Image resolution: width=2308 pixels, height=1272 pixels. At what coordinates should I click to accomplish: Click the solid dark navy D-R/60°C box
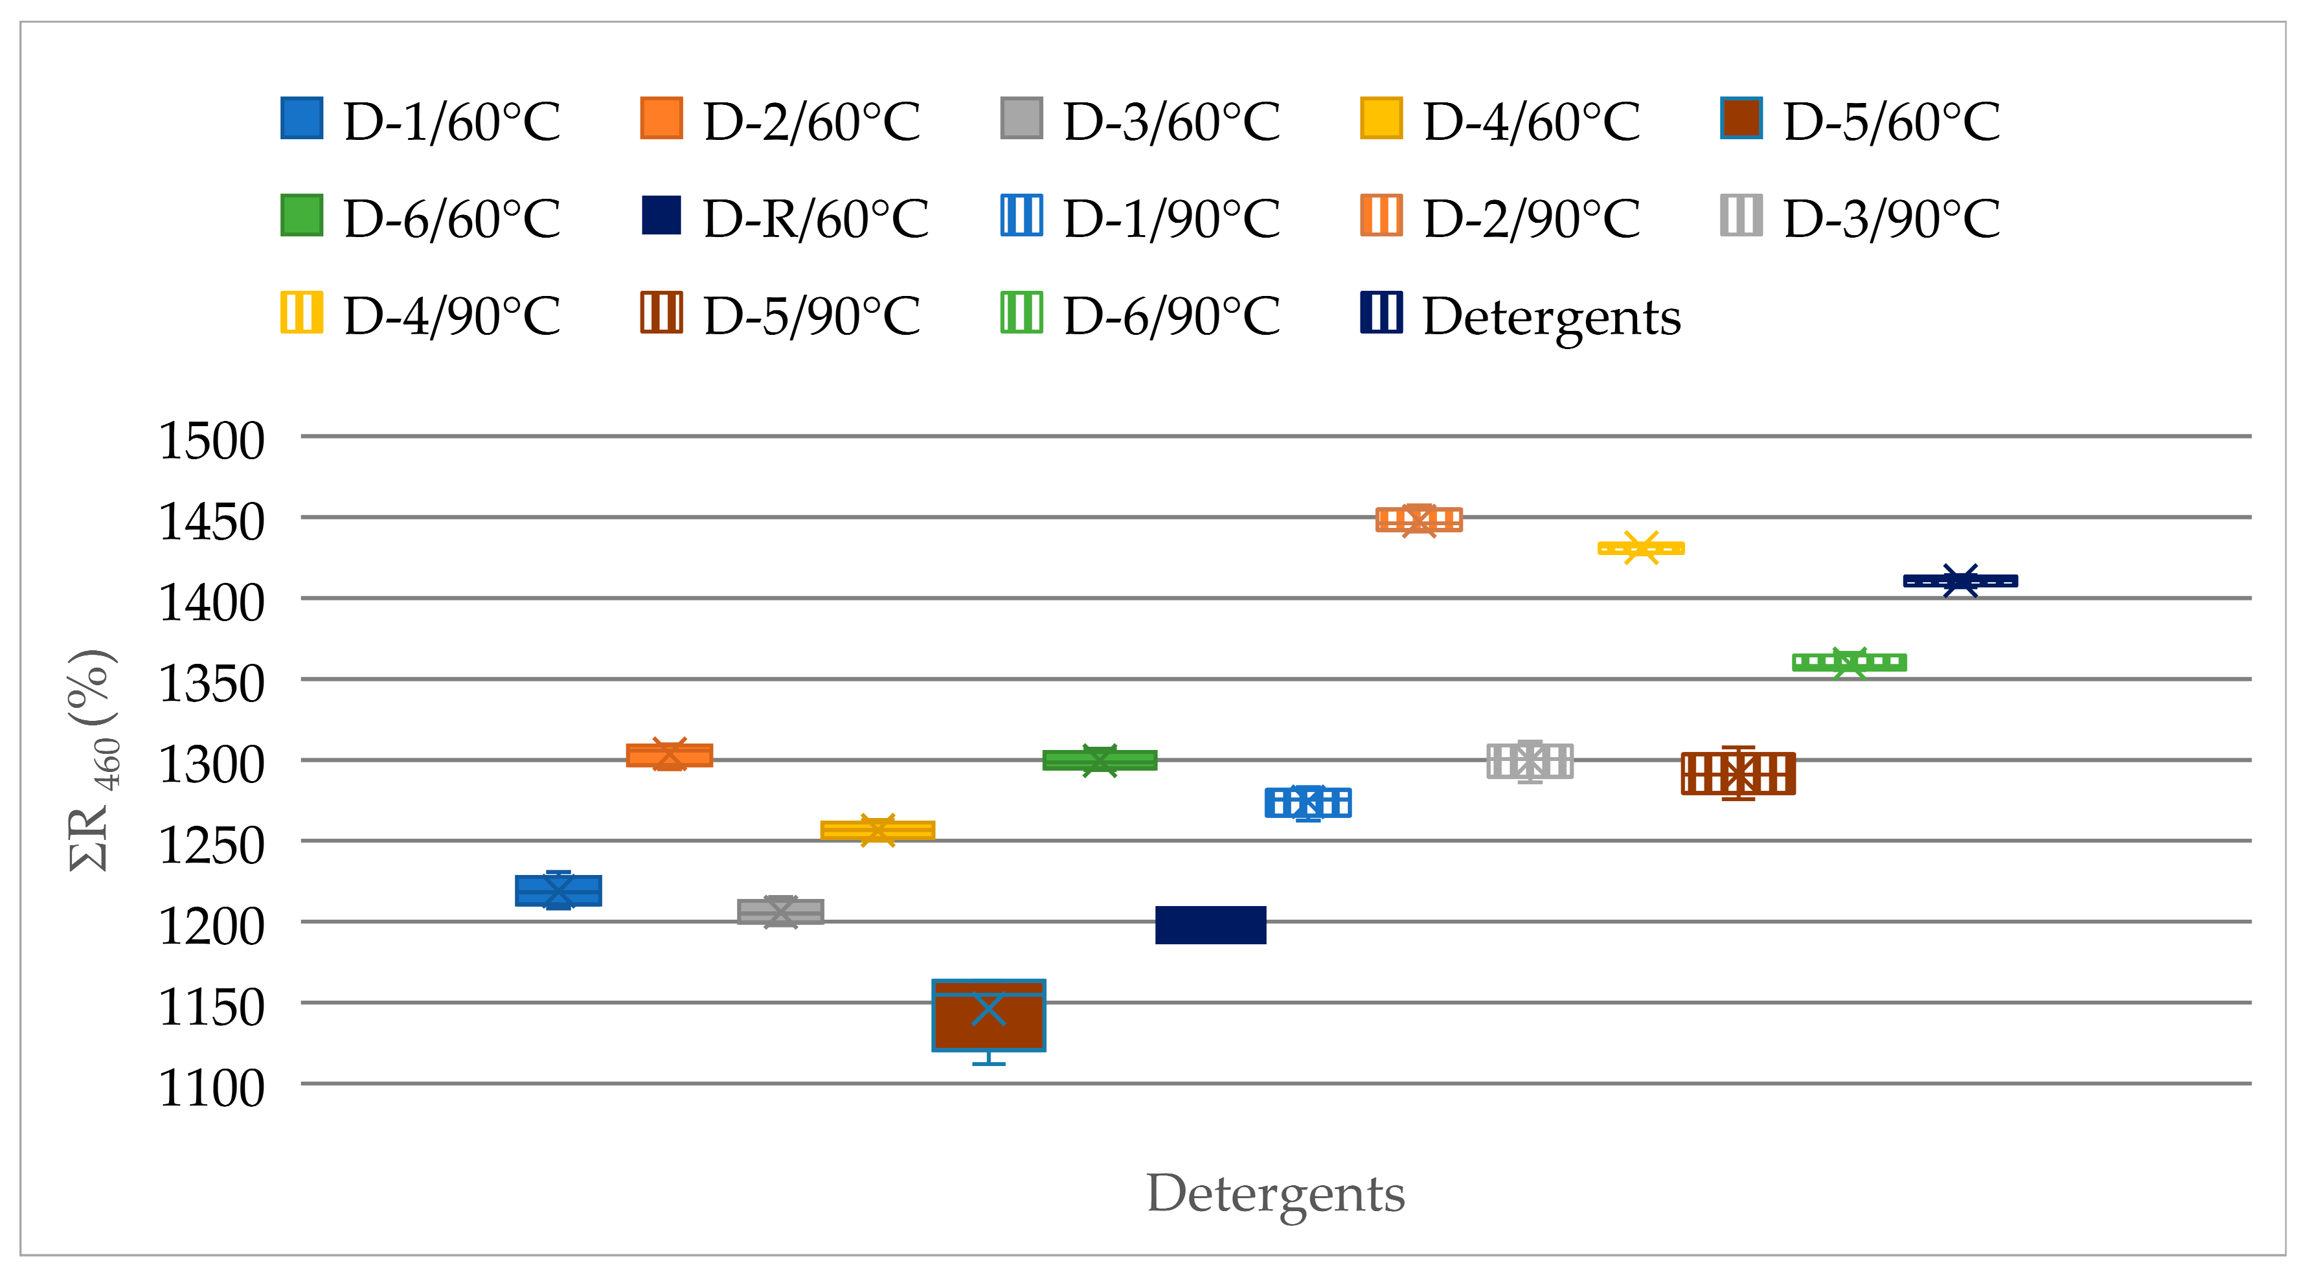(x=1210, y=924)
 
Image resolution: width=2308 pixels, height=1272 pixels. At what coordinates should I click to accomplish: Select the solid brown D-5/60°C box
(x=988, y=1015)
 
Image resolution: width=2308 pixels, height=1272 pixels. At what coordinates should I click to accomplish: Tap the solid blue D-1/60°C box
(x=558, y=891)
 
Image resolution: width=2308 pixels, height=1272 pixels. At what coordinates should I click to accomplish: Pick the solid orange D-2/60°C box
(x=670, y=755)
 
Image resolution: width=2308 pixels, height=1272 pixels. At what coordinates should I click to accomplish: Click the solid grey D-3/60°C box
(x=780, y=911)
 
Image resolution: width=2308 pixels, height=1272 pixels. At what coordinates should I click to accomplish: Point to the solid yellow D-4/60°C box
(x=877, y=830)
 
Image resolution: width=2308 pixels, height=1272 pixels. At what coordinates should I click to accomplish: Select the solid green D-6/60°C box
(x=1100, y=760)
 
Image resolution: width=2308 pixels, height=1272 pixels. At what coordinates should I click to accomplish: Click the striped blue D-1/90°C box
(x=1307, y=802)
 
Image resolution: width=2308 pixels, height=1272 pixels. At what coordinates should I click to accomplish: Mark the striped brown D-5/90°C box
(x=1737, y=773)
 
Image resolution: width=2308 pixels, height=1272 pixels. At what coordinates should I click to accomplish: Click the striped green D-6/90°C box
(x=1848, y=663)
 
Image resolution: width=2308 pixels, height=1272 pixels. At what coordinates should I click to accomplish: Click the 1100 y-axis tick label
(x=212, y=1087)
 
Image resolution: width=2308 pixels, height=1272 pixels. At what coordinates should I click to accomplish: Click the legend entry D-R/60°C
(x=785, y=218)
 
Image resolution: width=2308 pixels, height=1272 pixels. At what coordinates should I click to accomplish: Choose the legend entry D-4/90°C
(x=421, y=315)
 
